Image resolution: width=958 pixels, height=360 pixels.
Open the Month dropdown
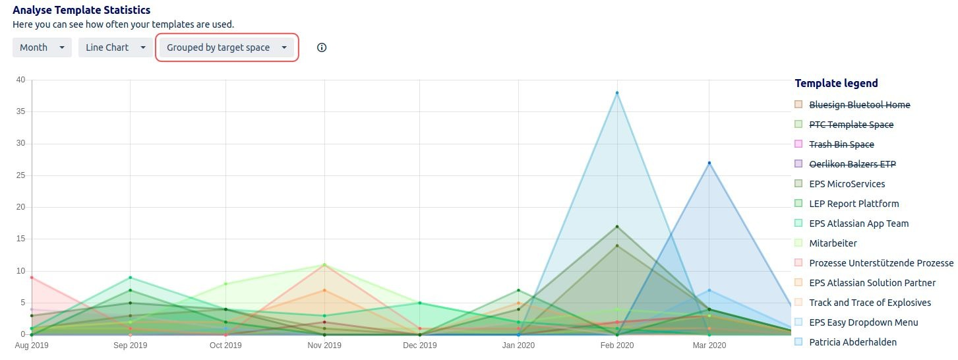pos(42,47)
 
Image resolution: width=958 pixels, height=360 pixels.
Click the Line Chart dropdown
pos(115,47)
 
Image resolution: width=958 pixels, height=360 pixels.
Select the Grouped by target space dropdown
pos(227,47)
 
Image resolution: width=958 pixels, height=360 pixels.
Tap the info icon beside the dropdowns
pos(322,47)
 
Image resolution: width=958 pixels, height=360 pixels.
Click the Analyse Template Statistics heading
pos(82,10)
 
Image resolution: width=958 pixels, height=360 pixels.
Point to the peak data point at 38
pos(617,93)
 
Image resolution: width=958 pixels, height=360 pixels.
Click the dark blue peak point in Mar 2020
pos(709,163)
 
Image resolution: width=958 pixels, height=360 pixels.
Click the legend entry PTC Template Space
pos(851,125)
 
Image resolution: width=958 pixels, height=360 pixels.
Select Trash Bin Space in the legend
pos(841,144)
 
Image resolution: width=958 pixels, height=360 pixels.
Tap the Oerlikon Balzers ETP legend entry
pos(852,164)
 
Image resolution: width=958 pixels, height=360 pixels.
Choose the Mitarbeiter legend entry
pos(833,243)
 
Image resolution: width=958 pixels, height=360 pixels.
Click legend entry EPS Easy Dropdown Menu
pos(863,322)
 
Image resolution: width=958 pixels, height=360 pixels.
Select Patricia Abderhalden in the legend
pos(853,342)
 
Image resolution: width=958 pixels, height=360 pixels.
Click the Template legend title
pos(836,83)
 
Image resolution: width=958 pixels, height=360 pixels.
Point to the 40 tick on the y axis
pos(20,80)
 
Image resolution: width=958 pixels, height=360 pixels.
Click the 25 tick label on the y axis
pos(20,175)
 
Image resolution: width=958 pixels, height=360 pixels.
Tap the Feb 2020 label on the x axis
pos(617,345)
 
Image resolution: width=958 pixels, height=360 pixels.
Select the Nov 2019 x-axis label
pos(324,345)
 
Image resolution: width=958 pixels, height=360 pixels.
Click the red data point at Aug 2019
pos(32,278)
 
